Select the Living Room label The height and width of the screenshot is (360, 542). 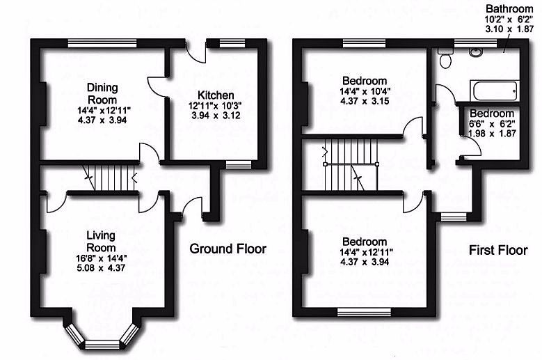tap(100, 241)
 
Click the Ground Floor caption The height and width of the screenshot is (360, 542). tap(228, 249)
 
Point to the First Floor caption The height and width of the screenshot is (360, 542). tap(497, 250)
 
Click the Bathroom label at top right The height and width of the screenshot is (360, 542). tap(509, 8)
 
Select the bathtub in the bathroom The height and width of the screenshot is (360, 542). tap(493, 91)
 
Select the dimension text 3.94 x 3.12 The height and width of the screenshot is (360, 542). tap(215, 116)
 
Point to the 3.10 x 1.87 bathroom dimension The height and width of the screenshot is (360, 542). tap(509, 31)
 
